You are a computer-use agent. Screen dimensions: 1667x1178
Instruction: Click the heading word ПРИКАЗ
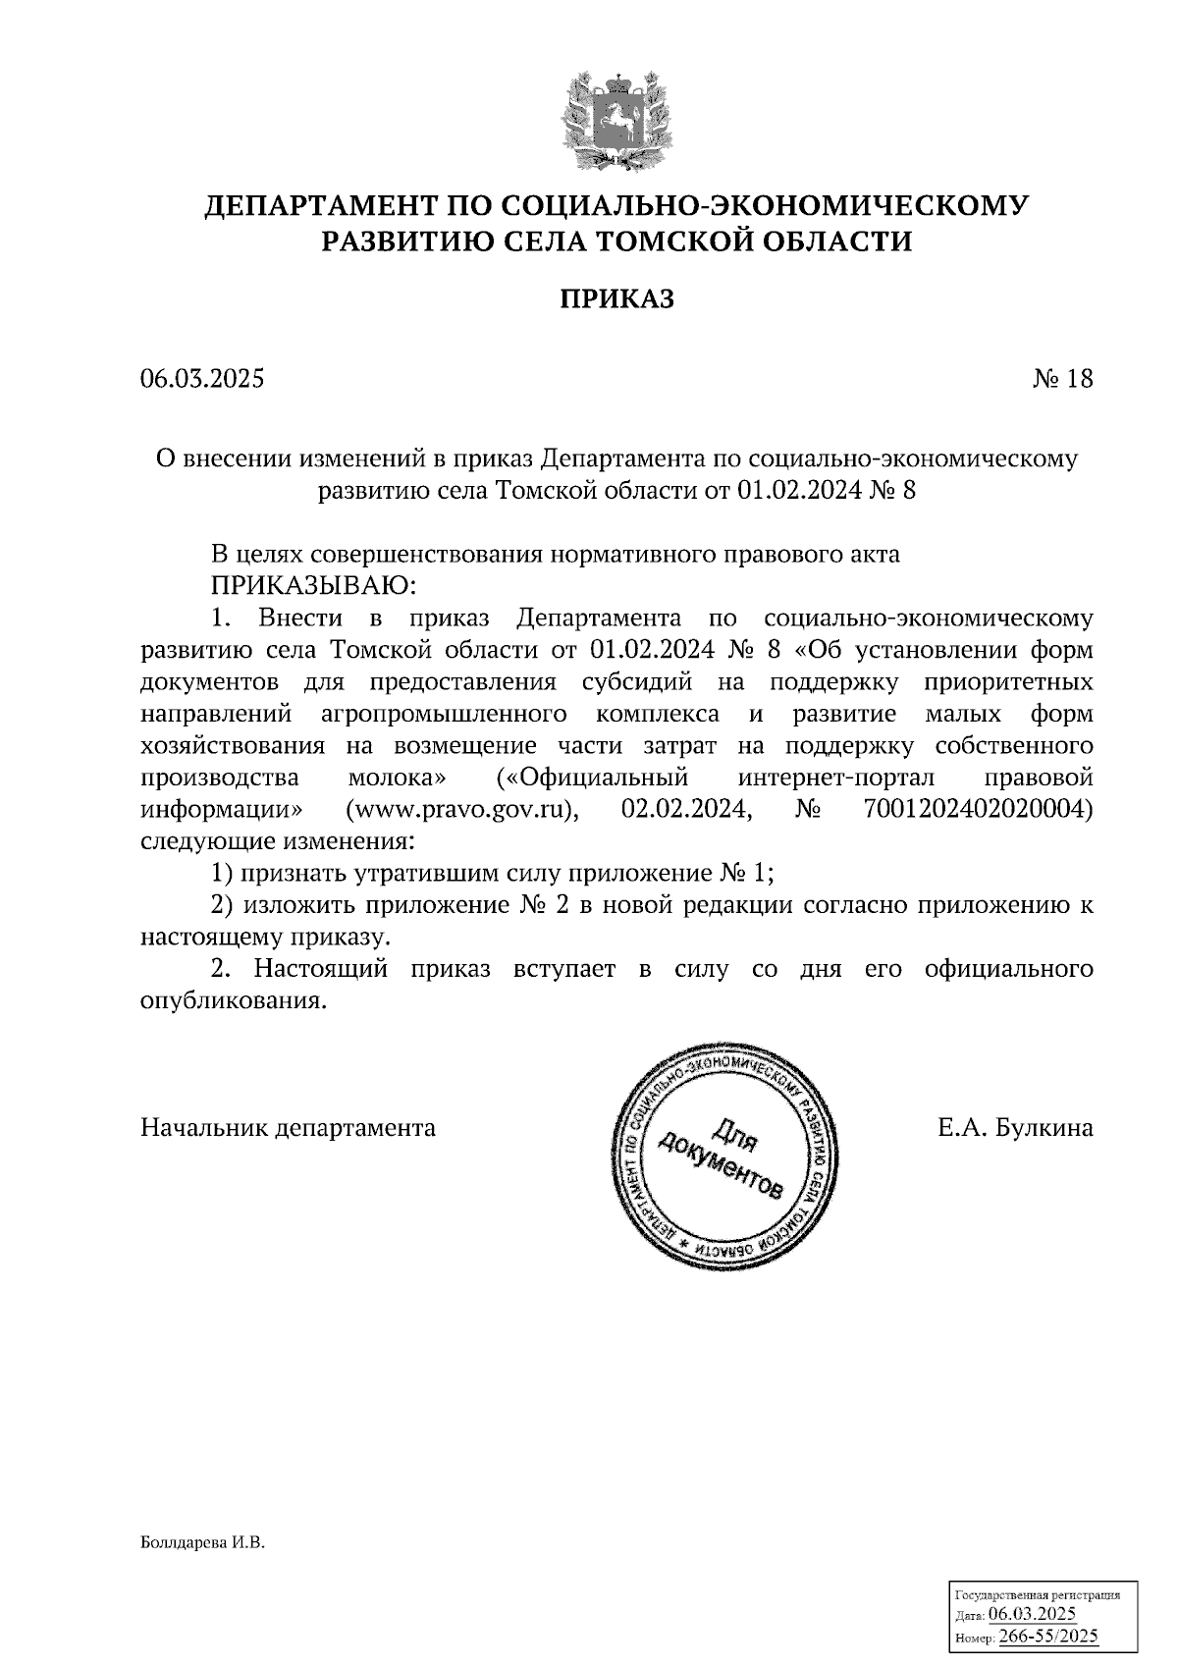pyautogui.click(x=617, y=299)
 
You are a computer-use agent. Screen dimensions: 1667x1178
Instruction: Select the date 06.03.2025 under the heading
pyautogui.click(x=202, y=379)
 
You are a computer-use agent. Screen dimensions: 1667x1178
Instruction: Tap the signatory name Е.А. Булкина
pyautogui.click(x=1014, y=1128)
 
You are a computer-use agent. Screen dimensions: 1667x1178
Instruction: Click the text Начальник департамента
pyautogui.click(x=289, y=1128)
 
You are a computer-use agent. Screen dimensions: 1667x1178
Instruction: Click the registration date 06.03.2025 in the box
pyautogui.click(x=1032, y=1615)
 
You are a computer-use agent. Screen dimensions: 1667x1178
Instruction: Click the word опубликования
pyautogui.click(x=233, y=1001)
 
